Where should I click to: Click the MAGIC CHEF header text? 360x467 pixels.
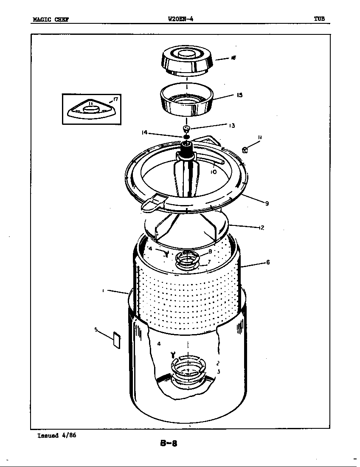tap(51, 19)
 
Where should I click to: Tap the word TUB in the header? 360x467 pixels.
tap(319, 19)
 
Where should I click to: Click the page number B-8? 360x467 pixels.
tap(169, 444)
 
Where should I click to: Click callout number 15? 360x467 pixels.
tap(240, 95)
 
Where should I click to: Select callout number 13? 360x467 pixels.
tap(232, 125)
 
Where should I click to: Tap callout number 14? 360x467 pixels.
tap(144, 132)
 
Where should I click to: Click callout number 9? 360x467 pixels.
tap(267, 203)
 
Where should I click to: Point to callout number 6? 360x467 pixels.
tap(268, 262)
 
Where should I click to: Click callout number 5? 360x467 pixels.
tap(96, 329)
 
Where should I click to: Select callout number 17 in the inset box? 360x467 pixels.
tap(115, 100)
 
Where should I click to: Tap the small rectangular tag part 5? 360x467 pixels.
tap(116, 341)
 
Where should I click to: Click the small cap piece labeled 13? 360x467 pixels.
tap(186, 128)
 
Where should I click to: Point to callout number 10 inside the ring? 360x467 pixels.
tap(214, 172)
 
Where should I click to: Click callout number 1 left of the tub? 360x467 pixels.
tap(103, 291)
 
